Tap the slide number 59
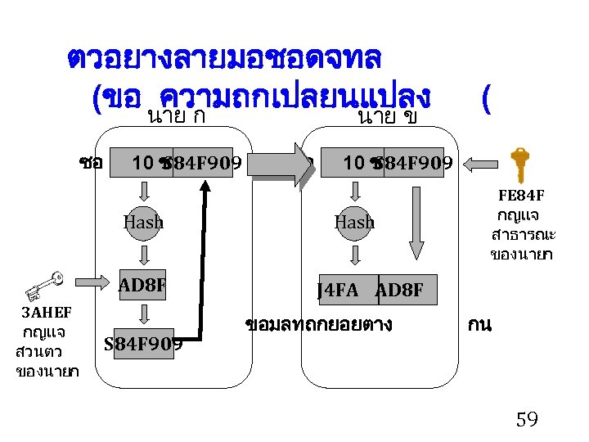(527, 420)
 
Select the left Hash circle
(143, 221)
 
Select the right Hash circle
(354, 221)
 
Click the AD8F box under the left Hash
(143, 286)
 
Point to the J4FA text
(337, 290)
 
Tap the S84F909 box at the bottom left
(143, 343)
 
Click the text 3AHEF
(46, 313)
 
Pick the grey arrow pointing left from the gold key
(483, 164)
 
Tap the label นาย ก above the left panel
(175, 117)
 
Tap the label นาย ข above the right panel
(387, 117)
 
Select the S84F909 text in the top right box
(414, 164)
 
